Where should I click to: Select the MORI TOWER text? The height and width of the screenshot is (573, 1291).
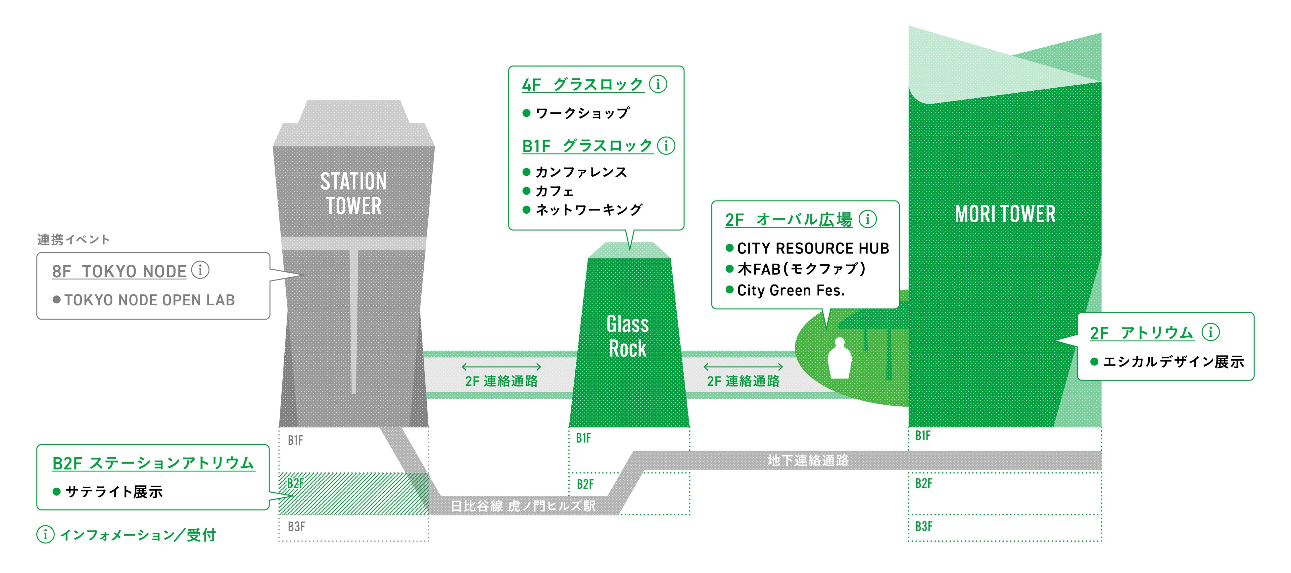pyautogui.click(x=1005, y=214)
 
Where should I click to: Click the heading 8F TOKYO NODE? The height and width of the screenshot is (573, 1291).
pyautogui.click(x=119, y=272)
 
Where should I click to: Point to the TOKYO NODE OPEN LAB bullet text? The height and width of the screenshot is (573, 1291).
pyautogui.click(x=149, y=300)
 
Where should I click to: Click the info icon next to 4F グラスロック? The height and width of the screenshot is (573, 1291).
pyautogui.click(x=658, y=84)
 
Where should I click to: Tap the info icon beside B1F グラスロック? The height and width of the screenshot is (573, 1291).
pyautogui.click(x=666, y=146)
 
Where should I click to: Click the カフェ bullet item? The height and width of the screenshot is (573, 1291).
pyautogui.click(x=554, y=191)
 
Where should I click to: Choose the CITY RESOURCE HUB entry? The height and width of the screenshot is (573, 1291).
pyautogui.click(x=813, y=248)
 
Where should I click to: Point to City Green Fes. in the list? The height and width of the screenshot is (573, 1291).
pyautogui.click(x=791, y=290)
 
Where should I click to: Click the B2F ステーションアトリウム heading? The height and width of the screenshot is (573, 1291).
pyautogui.click(x=153, y=463)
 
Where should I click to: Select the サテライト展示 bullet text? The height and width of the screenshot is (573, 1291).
pyautogui.click(x=114, y=492)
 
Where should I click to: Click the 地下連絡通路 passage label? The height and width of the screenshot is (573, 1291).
pyautogui.click(x=808, y=460)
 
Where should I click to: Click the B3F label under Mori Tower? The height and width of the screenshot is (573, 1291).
pyautogui.click(x=924, y=526)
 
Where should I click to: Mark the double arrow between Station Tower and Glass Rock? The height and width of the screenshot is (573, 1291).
pyautogui.click(x=501, y=367)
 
